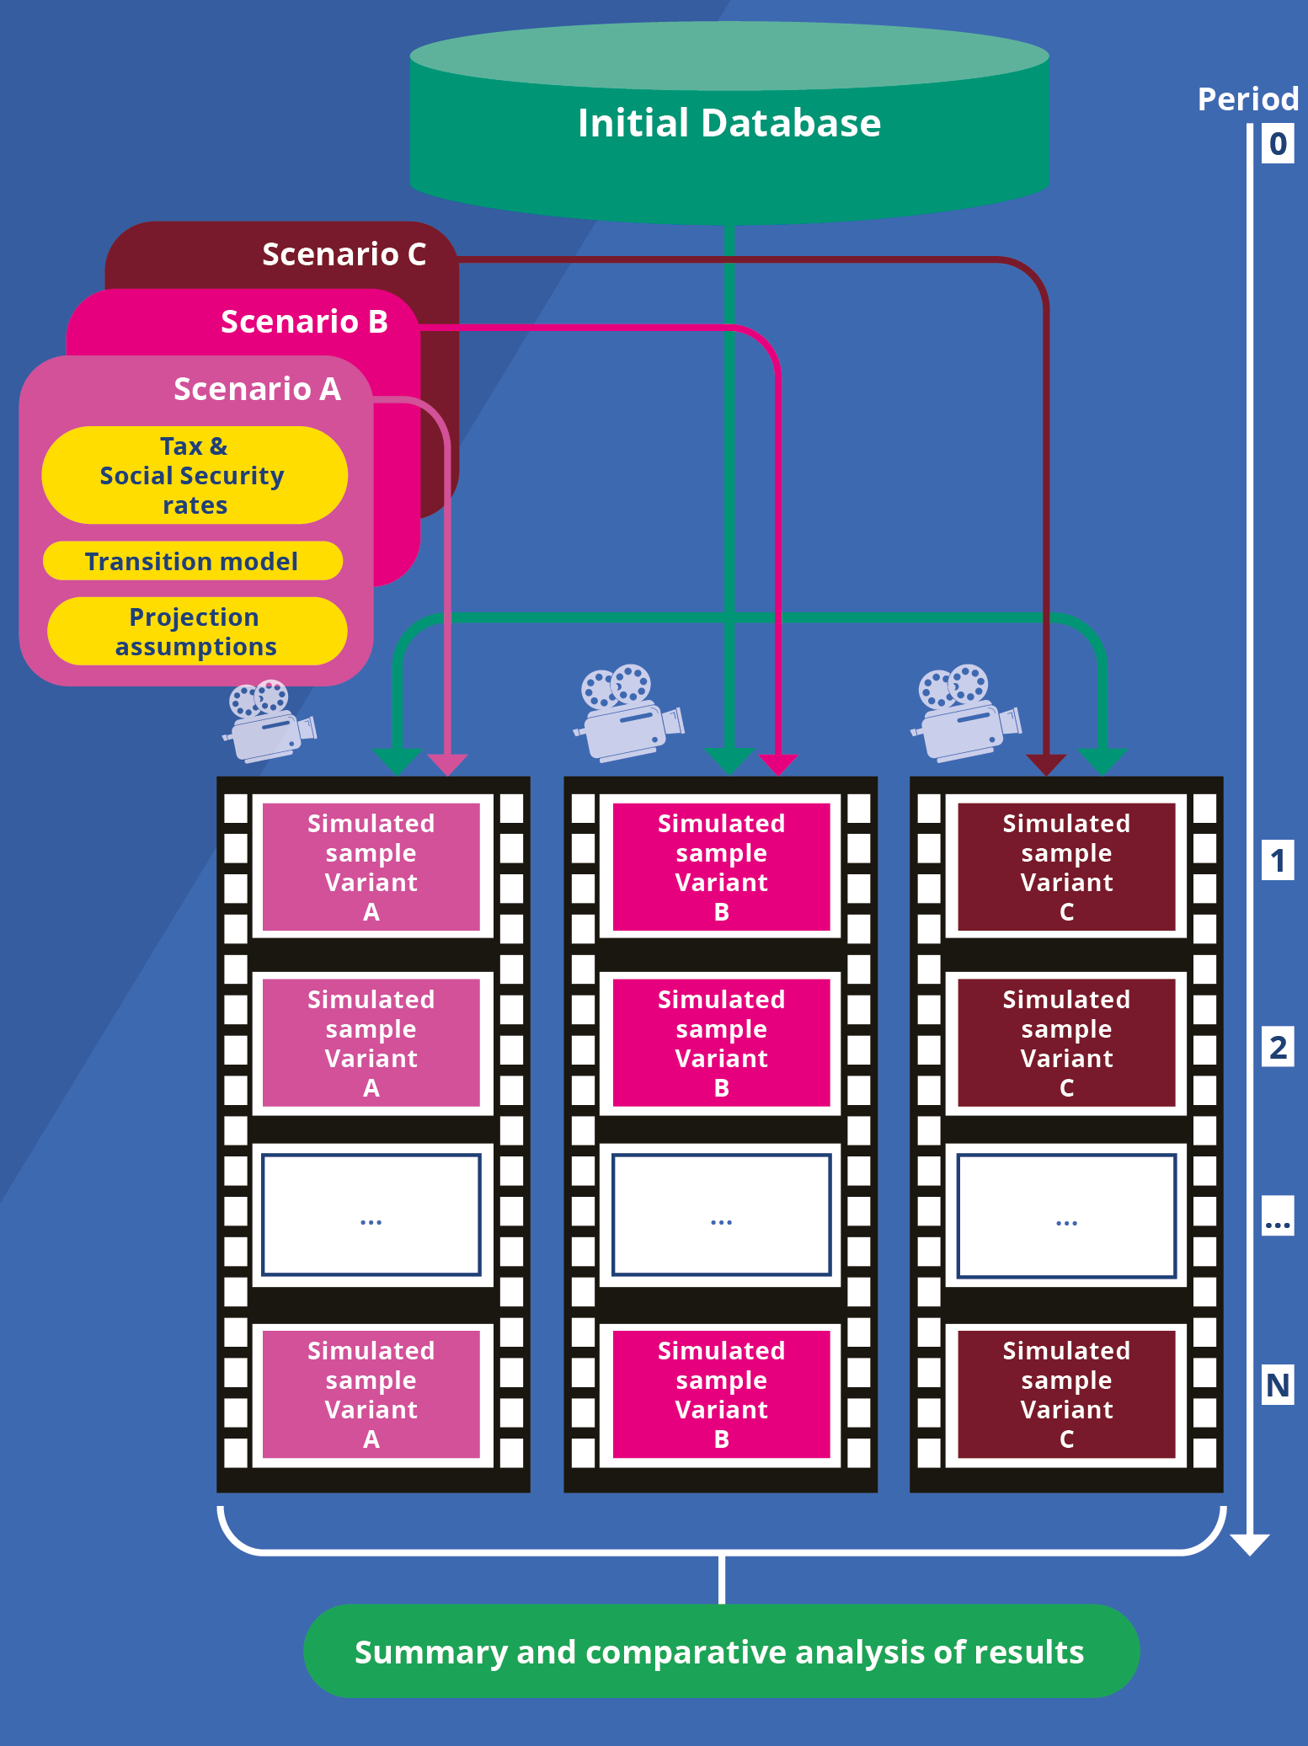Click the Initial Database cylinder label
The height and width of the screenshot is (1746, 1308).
729,124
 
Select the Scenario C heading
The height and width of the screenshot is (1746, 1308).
344,254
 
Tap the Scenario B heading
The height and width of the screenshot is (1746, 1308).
304,322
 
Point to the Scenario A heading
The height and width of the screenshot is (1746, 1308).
257,389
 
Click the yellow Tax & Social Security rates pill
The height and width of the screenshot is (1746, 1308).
195,475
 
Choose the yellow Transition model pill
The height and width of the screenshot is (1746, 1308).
192,561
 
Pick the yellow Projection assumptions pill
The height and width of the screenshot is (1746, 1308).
196,631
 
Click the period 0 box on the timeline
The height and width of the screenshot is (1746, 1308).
1278,144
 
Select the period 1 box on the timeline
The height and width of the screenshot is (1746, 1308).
1278,861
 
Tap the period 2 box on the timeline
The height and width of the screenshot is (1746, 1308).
1278,1048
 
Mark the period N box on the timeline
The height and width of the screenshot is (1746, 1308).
1278,1386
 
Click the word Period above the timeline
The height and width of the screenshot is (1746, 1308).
1247,99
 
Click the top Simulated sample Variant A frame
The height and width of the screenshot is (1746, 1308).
371,867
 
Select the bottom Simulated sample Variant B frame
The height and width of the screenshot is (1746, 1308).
721,1394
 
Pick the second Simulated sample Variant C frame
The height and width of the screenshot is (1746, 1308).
1066,1043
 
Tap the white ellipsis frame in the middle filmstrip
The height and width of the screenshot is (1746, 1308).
721,1215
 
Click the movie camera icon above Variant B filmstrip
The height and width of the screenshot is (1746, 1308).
628,712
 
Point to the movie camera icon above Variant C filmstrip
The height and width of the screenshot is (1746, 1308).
965,712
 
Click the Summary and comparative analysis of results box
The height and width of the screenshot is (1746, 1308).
721,1651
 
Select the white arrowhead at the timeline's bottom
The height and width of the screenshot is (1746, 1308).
1250,1544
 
